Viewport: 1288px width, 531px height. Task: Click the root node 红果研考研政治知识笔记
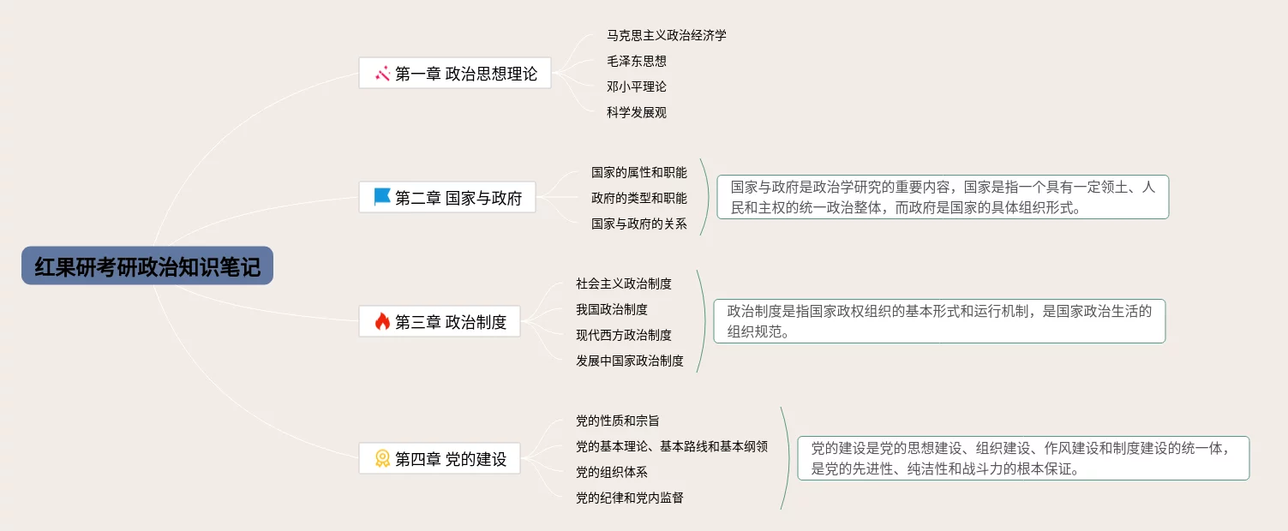[x=147, y=265]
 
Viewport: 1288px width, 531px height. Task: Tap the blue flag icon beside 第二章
[x=382, y=197]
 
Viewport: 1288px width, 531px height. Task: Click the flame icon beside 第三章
[x=382, y=322]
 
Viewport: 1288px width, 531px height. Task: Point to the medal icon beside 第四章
[x=382, y=459]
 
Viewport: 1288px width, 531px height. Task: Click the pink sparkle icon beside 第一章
[x=382, y=74]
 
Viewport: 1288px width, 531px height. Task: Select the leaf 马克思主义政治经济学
[x=666, y=35]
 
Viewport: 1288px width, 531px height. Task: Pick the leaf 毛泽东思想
[x=636, y=61]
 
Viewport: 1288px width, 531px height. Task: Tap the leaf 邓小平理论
[x=636, y=87]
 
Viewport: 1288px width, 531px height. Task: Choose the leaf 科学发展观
[x=636, y=112]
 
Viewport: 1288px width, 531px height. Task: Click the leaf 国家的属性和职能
[x=638, y=172]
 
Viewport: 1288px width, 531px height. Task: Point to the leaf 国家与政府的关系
[x=638, y=224]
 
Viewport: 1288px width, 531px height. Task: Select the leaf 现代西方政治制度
[x=623, y=335]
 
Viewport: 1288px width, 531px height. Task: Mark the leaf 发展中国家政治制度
[x=629, y=361]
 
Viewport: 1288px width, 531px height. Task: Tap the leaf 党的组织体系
[x=611, y=472]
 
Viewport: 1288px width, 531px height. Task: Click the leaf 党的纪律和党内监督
[x=629, y=498]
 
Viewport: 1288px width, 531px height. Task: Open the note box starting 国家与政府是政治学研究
[x=943, y=197]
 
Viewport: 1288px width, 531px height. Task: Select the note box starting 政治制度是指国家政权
[x=939, y=321]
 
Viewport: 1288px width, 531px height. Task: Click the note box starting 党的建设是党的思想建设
[x=1023, y=458]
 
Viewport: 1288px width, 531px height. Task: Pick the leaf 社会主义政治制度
[x=623, y=283]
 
